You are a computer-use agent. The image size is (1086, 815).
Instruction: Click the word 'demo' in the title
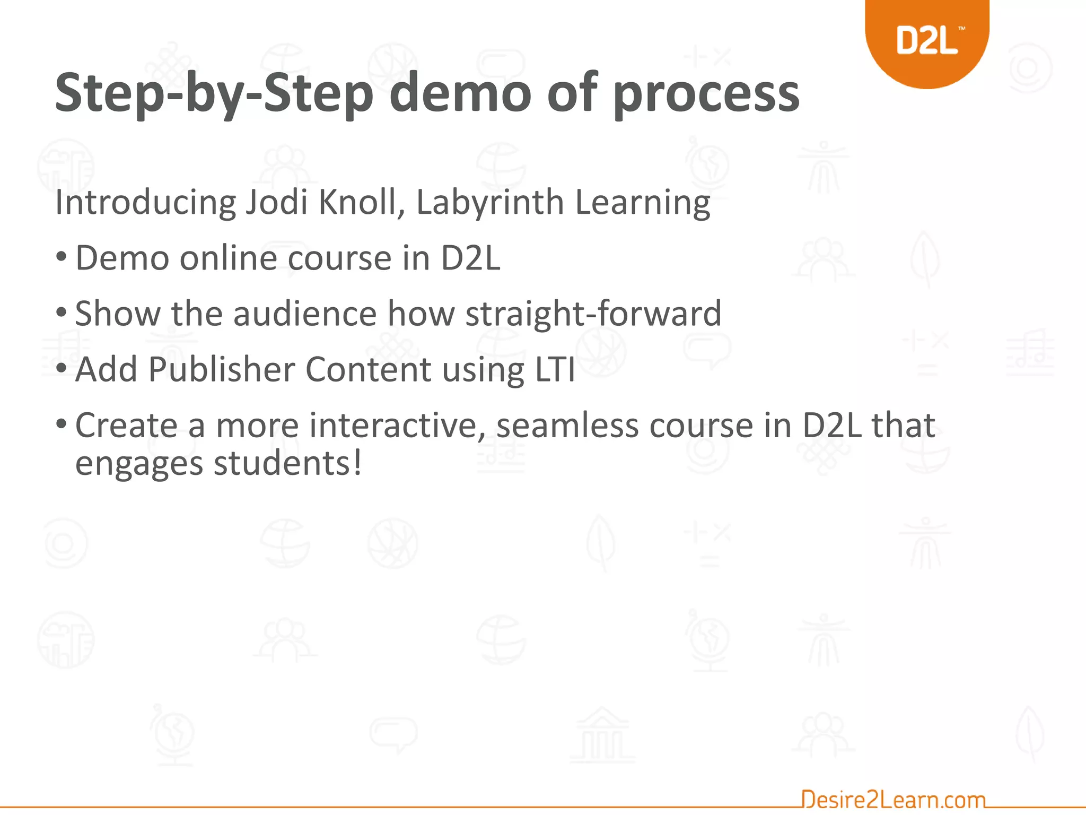coord(460,93)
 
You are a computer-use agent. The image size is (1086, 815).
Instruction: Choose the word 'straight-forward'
coord(593,313)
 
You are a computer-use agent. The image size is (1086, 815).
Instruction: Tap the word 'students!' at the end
coord(288,463)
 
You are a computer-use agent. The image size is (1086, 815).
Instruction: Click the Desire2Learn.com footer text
coord(893,799)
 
